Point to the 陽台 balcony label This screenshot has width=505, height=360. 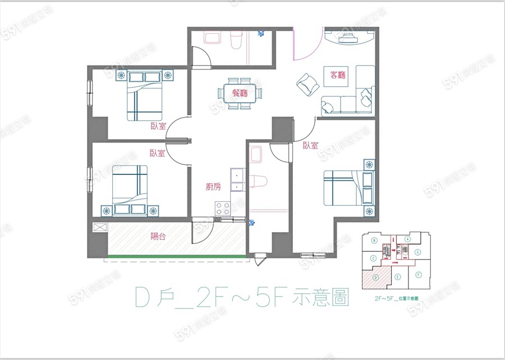point(158,237)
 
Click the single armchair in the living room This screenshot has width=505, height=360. point(306,85)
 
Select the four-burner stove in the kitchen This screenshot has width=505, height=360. point(223,209)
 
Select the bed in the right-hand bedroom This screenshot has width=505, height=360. point(347,187)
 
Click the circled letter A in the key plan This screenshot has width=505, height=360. point(408,238)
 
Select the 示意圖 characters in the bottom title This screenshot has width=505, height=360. point(321,298)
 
